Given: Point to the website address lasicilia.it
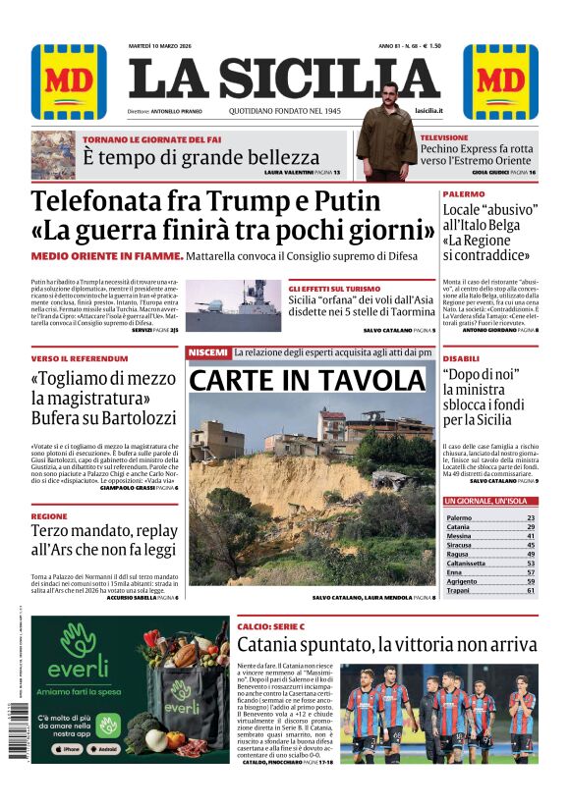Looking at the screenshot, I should (428, 112).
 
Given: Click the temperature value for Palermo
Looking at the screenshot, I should (531, 517).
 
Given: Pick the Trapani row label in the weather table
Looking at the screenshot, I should (460, 590).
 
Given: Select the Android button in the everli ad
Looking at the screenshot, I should (111, 747).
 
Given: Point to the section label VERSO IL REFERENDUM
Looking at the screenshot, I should (79, 358).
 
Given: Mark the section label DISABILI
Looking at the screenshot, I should (461, 358).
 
